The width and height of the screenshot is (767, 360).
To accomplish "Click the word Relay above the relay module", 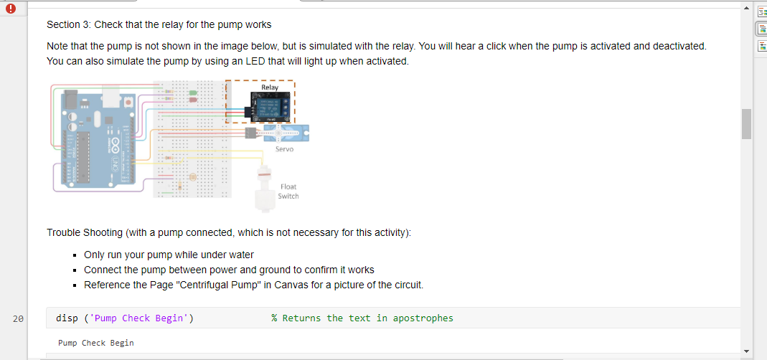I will coord(270,87).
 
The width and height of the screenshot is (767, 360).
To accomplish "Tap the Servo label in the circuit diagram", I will coord(284,149).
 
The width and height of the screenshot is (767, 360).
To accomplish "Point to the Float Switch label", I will coord(288,191).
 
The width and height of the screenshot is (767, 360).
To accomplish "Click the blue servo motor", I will coord(287,133).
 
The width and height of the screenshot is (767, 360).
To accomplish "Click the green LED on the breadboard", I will coord(194,93).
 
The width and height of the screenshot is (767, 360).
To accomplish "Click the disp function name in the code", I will coord(67,318).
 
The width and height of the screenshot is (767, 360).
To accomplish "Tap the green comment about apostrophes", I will coord(362,318).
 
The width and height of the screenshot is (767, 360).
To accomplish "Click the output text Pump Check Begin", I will coord(96,343).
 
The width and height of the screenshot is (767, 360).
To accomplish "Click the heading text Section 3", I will coord(69,24).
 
